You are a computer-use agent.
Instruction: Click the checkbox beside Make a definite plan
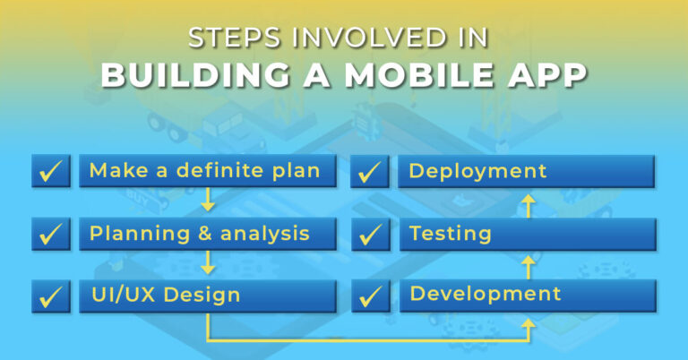[51, 171]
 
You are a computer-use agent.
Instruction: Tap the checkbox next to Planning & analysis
[51, 234]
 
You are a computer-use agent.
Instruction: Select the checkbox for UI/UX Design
[51, 296]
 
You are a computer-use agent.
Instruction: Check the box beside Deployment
[371, 171]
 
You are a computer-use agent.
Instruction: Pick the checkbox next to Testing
[371, 234]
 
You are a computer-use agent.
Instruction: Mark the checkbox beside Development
[371, 296]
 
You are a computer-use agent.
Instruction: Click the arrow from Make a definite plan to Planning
[208, 200]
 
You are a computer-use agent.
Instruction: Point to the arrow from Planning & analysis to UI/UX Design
[208, 262]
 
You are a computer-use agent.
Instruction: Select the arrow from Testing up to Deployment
[529, 204]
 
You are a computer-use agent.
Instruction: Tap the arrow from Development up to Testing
[529, 266]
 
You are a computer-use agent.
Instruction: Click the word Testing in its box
[450, 234]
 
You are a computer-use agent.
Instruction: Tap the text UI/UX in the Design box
[123, 296]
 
